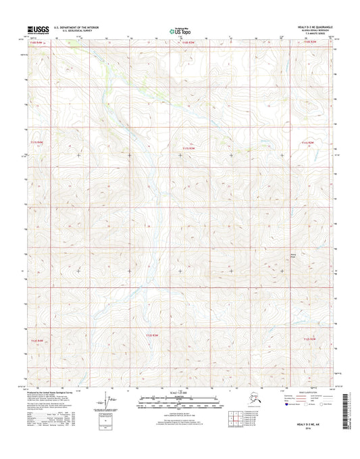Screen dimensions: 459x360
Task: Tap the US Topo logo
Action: click(x=179, y=29)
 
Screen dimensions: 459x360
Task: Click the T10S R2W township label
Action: click(x=309, y=43)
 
